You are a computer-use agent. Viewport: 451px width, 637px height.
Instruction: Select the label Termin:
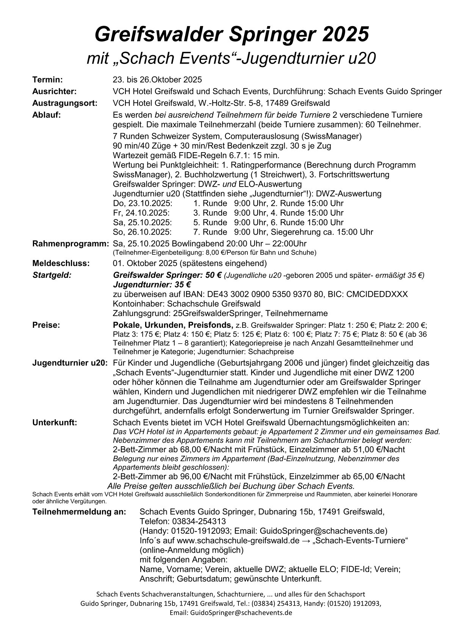click(48, 80)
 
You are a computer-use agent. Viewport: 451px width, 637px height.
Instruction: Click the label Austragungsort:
click(65, 103)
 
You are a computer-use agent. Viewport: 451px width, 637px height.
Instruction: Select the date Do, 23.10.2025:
click(142, 203)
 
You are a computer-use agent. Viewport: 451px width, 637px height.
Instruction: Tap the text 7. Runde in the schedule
click(210, 232)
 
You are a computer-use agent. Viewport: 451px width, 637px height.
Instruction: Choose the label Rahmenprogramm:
click(70, 243)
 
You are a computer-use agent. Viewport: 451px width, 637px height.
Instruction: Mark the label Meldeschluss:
click(61, 263)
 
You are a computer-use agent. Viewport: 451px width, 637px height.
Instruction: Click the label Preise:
click(47, 325)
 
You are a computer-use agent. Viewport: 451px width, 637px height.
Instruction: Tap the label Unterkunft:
click(55, 422)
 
